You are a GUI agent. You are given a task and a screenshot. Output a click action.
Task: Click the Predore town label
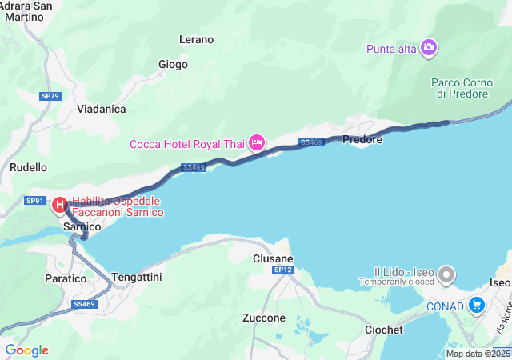point(362,139)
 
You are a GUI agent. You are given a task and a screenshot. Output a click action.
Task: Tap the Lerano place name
point(197,39)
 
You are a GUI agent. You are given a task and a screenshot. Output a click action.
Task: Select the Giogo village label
point(173,64)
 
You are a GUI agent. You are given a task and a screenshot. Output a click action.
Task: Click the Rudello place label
point(29,167)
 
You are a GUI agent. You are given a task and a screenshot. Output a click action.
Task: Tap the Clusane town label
point(273,259)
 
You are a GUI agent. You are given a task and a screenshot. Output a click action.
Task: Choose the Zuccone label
point(263,318)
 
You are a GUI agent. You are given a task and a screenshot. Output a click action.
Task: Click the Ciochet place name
point(383,330)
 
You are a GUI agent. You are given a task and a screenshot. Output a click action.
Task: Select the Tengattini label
point(138,276)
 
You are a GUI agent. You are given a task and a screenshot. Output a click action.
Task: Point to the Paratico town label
point(65,279)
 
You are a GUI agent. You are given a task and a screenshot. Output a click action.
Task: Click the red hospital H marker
point(60,206)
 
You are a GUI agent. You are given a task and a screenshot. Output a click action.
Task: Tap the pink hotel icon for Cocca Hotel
point(257,143)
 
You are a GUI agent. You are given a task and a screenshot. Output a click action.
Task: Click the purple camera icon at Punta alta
point(429,48)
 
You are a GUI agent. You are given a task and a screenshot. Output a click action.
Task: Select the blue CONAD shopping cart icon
point(477,304)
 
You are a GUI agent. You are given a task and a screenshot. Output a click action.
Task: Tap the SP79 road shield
point(50,96)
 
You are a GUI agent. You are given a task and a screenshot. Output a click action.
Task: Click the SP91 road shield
point(35,201)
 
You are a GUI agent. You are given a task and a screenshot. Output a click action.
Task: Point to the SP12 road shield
point(283,270)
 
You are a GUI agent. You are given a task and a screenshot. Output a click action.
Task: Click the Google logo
point(26,350)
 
